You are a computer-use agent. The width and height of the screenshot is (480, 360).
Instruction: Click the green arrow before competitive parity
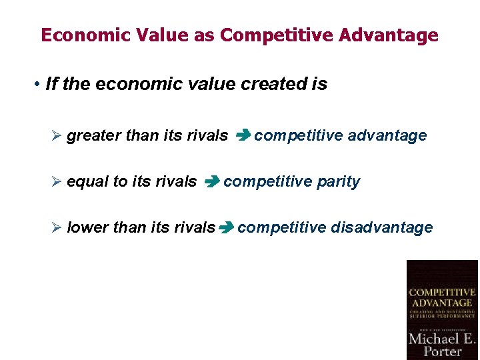(x=211, y=182)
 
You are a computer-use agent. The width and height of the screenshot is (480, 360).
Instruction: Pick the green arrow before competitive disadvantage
(x=225, y=228)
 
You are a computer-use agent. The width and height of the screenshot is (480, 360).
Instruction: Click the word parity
(x=338, y=182)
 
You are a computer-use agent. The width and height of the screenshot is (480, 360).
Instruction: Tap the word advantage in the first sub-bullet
(x=387, y=136)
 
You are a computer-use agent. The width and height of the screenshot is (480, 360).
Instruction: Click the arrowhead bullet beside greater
(x=57, y=136)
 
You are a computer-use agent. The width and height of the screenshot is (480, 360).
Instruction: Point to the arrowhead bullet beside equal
(x=57, y=182)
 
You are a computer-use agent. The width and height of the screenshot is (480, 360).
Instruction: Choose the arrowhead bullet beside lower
(x=57, y=228)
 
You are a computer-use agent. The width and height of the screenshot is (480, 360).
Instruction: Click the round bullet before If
(x=38, y=85)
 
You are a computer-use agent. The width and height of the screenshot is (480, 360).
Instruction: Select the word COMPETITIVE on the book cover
(x=442, y=292)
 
